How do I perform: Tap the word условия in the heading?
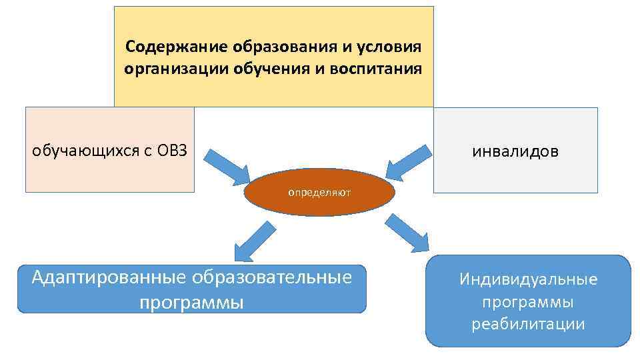click(x=389, y=47)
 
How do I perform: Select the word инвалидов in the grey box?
click(x=515, y=152)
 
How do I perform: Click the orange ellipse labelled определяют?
click(x=319, y=193)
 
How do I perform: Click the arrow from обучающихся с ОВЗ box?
click(x=227, y=167)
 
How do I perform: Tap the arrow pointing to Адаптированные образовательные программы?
click(x=254, y=241)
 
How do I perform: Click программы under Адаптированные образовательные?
click(x=191, y=303)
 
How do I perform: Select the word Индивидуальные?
click(x=528, y=279)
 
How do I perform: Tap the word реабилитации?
click(x=528, y=325)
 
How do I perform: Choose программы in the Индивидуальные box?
click(x=528, y=302)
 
